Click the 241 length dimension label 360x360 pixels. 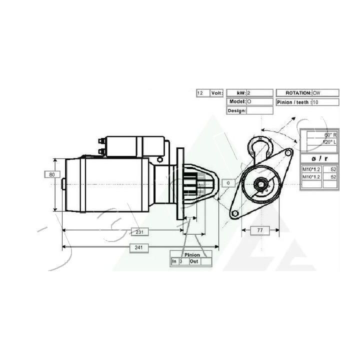[139, 248]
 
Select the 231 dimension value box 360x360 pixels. [139, 231]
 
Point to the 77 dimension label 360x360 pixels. [259, 230]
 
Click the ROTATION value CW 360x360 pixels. [325, 93]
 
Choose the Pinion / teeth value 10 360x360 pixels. [325, 102]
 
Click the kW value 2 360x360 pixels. [259, 93]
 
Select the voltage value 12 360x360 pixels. [202, 93]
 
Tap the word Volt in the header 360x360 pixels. [216, 93]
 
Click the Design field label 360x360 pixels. [236, 110]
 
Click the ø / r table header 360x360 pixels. [319, 158]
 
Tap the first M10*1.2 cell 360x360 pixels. [311, 169]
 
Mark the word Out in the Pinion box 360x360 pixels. [194, 261]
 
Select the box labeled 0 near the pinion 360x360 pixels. [227, 183]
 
